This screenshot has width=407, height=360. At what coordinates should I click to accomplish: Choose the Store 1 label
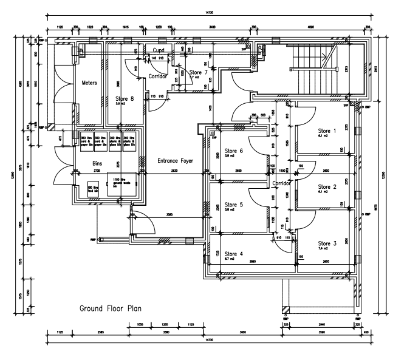point(327,131)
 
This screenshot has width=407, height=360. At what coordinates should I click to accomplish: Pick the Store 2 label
point(327,186)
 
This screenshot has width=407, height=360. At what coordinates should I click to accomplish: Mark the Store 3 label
point(327,243)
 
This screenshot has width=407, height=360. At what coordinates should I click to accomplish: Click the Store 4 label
point(234,253)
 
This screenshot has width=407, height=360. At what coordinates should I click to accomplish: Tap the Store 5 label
point(234,205)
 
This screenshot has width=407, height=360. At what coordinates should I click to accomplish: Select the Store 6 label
point(234,151)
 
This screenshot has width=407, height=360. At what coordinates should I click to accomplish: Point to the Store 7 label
point(198,73)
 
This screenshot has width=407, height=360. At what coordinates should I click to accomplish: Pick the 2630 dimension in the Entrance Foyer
point(175,172)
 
